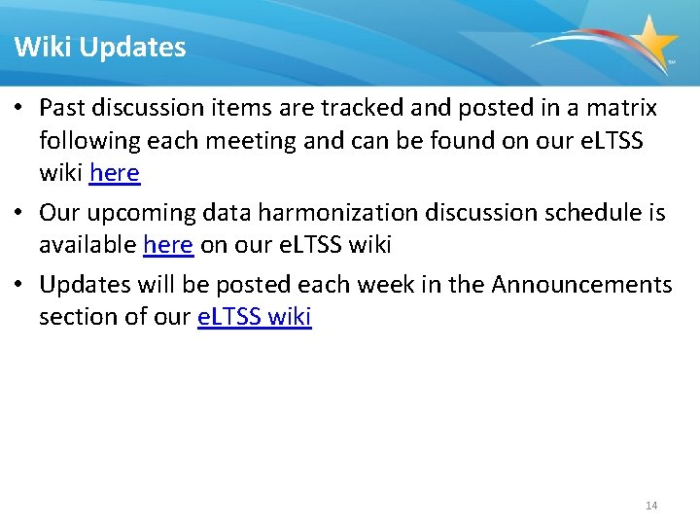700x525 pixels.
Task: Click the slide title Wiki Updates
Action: pos(100,47)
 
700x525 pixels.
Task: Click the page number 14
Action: pos(651,506)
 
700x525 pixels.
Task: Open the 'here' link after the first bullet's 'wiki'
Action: pos(115,174)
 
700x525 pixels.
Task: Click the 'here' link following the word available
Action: pos(167,245)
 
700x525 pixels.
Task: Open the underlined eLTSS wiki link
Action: pos(254,318)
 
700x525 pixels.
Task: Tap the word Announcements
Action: pos(581,285)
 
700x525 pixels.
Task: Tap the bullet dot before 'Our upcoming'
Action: pos(20,213)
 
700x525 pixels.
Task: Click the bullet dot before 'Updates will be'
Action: pos(20,285)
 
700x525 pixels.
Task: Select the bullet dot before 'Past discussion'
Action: pos(20,108)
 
